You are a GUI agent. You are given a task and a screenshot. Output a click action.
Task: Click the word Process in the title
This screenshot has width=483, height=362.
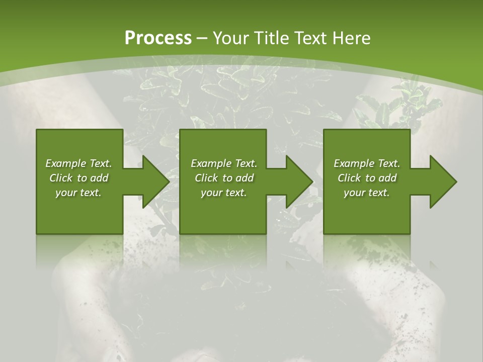158,38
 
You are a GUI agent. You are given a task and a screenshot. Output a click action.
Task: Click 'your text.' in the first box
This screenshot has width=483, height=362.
78,193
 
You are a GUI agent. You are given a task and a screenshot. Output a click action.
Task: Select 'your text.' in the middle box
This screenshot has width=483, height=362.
224,193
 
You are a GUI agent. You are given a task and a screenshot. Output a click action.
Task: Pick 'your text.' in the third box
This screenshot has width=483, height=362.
367,193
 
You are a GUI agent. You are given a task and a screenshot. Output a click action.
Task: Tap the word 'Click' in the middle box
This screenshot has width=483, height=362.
206,178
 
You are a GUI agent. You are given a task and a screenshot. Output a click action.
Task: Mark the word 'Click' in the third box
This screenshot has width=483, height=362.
349,178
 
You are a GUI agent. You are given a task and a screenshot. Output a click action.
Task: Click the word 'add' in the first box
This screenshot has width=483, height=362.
100,178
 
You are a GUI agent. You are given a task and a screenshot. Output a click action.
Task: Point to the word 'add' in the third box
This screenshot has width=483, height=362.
388,178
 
